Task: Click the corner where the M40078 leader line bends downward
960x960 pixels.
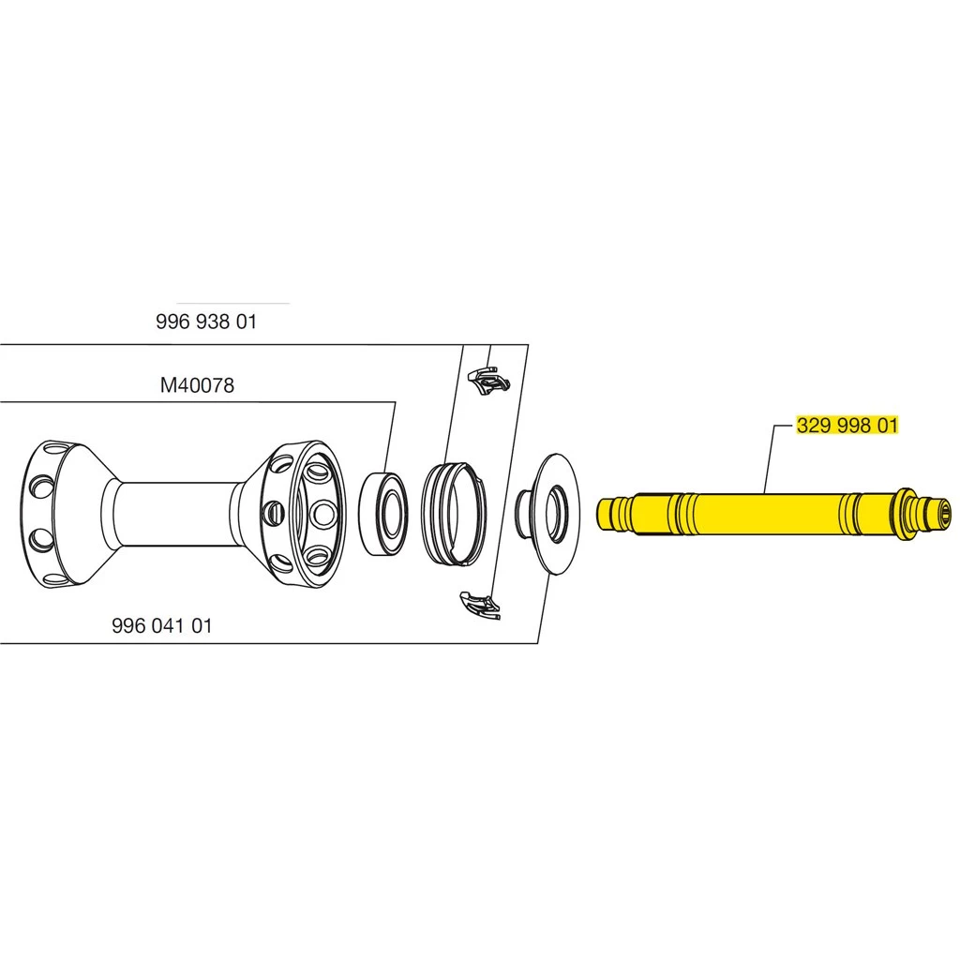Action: click(396, 402)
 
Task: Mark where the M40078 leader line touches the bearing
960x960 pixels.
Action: click(386, 472)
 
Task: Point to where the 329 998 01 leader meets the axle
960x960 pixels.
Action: click(765, 494)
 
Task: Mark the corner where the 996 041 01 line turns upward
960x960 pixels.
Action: click(537, 643)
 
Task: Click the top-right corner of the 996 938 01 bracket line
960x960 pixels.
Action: click(528, 345)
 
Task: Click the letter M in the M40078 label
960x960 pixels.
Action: click(167, 385)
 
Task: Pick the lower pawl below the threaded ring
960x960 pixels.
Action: click(480, 605)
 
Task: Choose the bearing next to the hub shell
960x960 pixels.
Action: click(382, 513)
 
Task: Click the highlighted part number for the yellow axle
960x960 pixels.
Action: click(847, 425)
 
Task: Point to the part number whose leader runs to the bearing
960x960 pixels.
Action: click(197, 385)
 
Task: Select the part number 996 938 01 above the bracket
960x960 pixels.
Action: click(206, 322)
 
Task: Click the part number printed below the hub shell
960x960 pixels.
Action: click(162, 625)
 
